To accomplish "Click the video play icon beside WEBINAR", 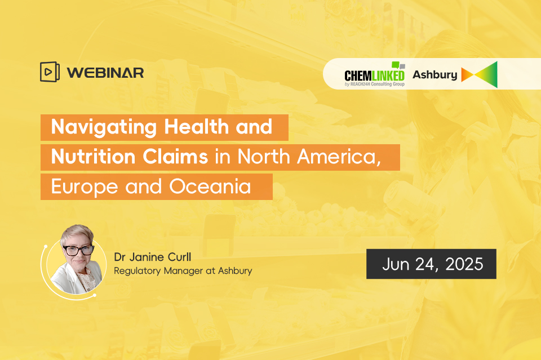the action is tap(50, 72).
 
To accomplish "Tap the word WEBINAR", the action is tap(105, 73).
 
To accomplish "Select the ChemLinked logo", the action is tap(375, 74).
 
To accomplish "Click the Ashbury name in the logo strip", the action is tap(434, 74).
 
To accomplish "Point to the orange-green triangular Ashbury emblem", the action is tap(480, 74).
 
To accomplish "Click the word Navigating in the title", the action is tap(104, 127).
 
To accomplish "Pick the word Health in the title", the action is tap(196, 126).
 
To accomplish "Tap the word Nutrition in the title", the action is tap(93, 157).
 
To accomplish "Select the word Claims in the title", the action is tap(175, 157).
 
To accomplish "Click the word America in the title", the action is tap(339, 157).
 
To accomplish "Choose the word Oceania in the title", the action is tap(210, 186).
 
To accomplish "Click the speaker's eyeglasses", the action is tap(79, 250).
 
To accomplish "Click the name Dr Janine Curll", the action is tap(153, 257).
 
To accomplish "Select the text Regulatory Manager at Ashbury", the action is tap(183, 271).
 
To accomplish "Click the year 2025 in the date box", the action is tap(464, 264).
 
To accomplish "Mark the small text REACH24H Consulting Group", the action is tap(378, 84).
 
